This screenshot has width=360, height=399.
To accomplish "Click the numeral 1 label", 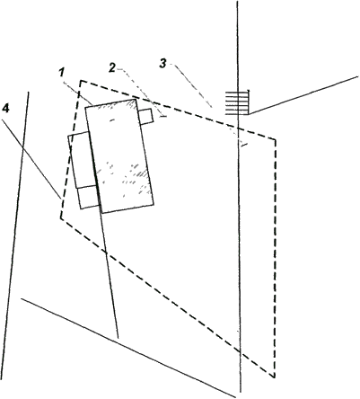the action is point(62,72).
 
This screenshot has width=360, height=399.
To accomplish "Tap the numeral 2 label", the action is point(111,68).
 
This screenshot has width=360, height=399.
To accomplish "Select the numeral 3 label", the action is point(162,64).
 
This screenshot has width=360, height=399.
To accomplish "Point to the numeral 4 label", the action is point(5,109).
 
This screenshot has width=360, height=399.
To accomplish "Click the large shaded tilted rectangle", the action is point(119,156).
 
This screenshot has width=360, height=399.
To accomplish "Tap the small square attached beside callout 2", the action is point(146,117).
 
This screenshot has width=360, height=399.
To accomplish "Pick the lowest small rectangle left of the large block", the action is point(89,197).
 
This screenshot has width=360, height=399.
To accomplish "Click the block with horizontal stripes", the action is point(237,102).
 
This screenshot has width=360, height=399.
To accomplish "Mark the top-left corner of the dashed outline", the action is point(81,80).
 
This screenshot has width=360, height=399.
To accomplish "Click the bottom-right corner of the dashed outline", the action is point(275,377).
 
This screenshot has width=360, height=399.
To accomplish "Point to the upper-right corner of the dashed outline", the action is point(275,139).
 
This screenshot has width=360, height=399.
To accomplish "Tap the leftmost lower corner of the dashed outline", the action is point(61,218).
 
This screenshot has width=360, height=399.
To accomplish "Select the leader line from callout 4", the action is point(31,159).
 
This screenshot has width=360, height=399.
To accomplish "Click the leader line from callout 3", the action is point(193,85).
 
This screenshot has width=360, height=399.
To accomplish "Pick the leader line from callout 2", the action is point(141,93).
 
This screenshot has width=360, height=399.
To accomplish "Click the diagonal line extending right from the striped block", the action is point(303,95).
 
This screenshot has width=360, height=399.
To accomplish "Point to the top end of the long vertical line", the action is point(237,1).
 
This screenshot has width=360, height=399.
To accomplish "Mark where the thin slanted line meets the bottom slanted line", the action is point(118,338).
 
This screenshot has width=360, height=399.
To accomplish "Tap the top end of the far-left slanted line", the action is point(29,92).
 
